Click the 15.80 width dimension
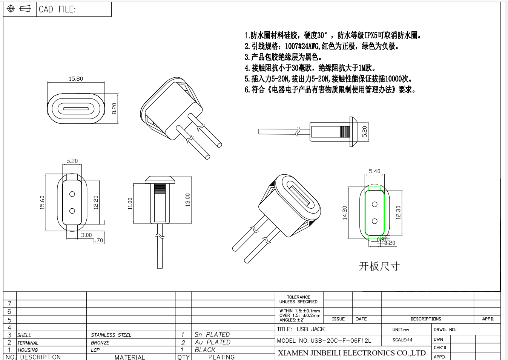tap(76, 79)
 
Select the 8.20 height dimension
tap(114, 109)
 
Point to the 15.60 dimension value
tap(42, 202)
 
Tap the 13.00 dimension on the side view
tap(188, 200)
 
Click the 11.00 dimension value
tap(130, 203)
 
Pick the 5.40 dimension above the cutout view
tap(374, 171)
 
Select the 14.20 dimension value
tap(344, 212)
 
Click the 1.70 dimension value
tap(98, 240)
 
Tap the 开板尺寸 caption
tap(379, 266)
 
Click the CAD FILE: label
tap(57, 9)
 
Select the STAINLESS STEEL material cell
tap(111, 335)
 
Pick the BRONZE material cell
tap(100, 343)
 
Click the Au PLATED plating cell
tap(212, 342)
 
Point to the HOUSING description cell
tap(28, 350)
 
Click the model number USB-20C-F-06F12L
tap(324, 340)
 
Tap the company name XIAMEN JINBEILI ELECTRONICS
tap(351, 353)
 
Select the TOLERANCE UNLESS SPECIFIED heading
tap(298, 300)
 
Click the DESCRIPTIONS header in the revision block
tap(426, 319)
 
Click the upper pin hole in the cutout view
tap(374, 205)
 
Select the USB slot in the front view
tap(76, 109)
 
